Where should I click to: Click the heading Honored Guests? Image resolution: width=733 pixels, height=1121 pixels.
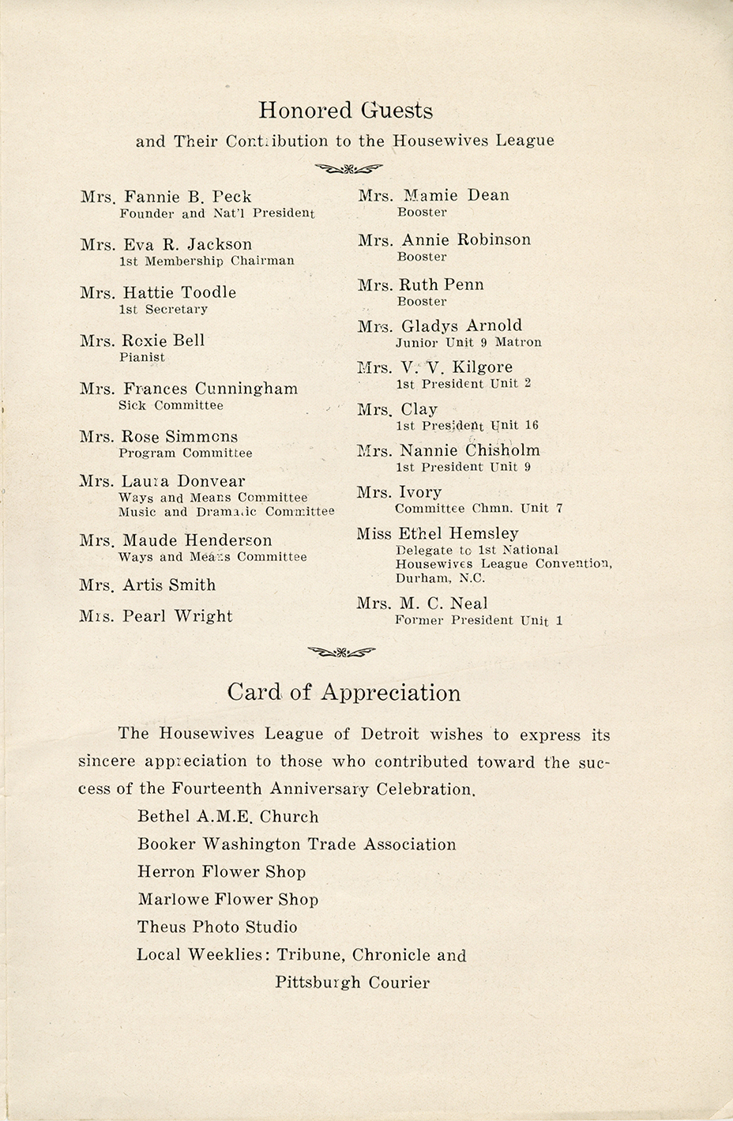click(x=345, y=111)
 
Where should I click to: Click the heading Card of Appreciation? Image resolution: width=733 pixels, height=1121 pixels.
click(x=344, y=693)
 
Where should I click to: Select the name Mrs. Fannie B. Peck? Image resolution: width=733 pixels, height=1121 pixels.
click(x=166, y=197)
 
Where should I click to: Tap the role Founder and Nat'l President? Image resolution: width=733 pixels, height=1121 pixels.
click(x=216, y=213)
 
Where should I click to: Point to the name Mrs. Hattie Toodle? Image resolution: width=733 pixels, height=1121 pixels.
click(x=158, y=292)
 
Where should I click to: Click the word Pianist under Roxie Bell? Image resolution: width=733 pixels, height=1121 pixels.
click(x=142, y=357)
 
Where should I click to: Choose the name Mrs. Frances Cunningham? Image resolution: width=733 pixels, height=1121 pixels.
click(x=189, y=389)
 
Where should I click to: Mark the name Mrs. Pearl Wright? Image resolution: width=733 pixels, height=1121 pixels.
click(x=156, y=616)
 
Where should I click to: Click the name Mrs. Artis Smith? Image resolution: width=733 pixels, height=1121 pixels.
click(x=148, y=585)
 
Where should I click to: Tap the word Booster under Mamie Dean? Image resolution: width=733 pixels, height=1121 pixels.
click(x=423, y=212)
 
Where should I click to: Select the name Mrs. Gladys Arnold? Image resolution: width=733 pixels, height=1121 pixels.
click(x=440, y=325)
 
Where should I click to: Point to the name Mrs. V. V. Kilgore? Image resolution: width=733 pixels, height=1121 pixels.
click(x=435, y=367)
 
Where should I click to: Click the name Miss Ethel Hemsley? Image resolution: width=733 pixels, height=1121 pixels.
click(x=438, y=534)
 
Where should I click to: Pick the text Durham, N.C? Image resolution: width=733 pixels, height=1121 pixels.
click(x=441, y=578)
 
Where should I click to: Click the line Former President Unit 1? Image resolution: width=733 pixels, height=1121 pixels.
click(x=479, y=620)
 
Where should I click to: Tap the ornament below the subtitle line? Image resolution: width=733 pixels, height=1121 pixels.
click(x=348, y=167)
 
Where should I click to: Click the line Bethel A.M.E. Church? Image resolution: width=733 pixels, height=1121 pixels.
click(x=228, y=817)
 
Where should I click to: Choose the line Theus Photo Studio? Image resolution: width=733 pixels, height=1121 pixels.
click(x=217, y=927)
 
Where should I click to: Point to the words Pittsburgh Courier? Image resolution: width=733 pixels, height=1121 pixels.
click(x=352, y=983)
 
